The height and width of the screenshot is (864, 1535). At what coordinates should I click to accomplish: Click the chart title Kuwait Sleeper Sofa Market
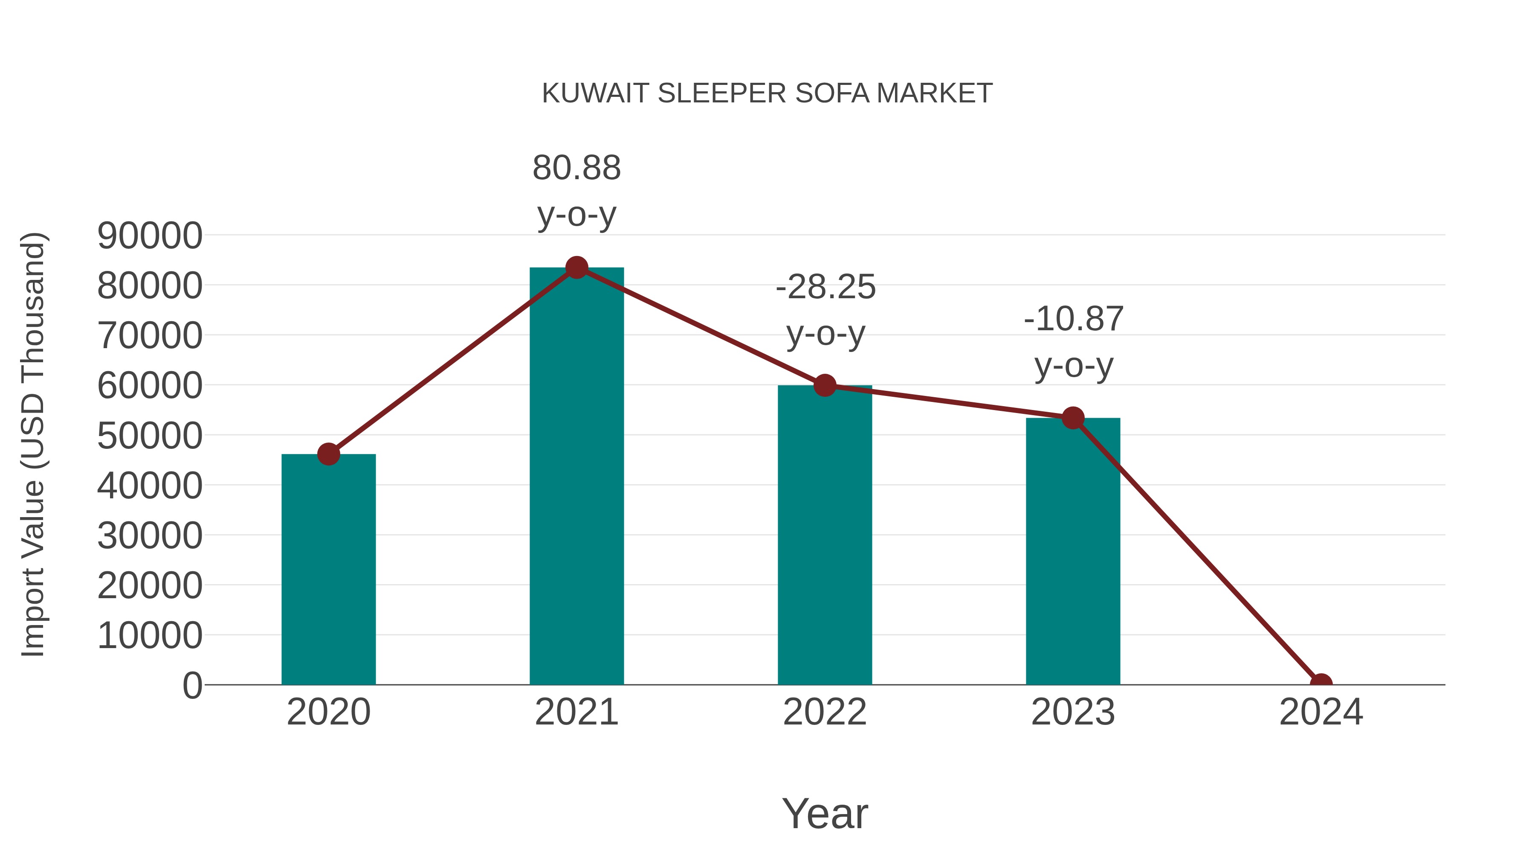click(x=767, y=93)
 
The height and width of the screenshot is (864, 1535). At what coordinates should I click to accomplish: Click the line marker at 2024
click(x=1321, y=684)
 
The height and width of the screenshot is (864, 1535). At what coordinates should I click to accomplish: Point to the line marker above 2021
click(x=576, y=268)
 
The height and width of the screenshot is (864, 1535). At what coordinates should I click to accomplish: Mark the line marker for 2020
click(x=328, y=454)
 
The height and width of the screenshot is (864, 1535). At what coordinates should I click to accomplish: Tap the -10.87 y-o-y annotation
click(x=1073, y=342)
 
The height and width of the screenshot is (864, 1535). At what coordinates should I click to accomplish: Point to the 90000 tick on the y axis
click(x=150, y=236)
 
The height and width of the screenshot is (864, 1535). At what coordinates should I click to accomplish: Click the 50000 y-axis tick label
click(x=150, y=436)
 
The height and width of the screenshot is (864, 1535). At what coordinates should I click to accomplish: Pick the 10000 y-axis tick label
click(x=150, y=636)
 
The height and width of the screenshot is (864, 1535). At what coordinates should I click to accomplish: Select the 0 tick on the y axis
click(x=192, y=686)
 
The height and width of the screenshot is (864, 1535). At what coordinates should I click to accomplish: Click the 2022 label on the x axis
click(x=824, y=712)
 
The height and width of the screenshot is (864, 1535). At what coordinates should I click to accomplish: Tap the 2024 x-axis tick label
click(x=1321, y=712)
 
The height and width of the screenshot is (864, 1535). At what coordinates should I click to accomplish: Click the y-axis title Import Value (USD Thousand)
click(x=33, y=445)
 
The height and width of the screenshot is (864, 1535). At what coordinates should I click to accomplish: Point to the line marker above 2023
click(x=1073, y=418)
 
